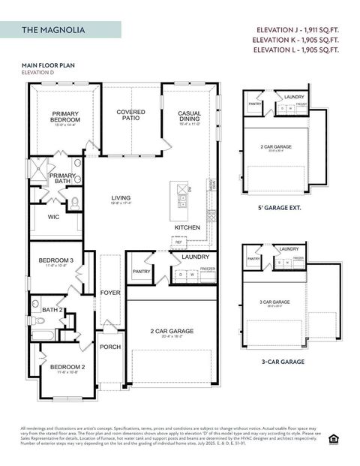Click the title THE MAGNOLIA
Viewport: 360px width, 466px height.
(x=53, y=30)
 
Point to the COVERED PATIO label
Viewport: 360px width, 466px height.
(x=131, y=115)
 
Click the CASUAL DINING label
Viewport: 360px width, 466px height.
(x=189, y=116)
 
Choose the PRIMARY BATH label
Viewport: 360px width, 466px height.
(x=62, y=179)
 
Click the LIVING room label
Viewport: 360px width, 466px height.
(x=121, y=199)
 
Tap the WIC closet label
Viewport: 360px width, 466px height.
(x=53, y=218)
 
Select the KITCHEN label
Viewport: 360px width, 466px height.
(x=187, y=227)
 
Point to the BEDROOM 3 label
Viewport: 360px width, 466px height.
(x=56, y=261)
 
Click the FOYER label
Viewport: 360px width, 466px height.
(x=110, y=292)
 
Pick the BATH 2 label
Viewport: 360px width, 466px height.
(x=52, y=309)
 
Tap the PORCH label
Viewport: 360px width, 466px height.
(x=110, y=347)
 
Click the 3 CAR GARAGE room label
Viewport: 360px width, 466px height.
(x=274, y=302)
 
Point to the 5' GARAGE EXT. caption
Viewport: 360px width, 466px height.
(x=280, y=208)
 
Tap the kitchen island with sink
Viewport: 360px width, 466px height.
(x=181, y=195)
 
